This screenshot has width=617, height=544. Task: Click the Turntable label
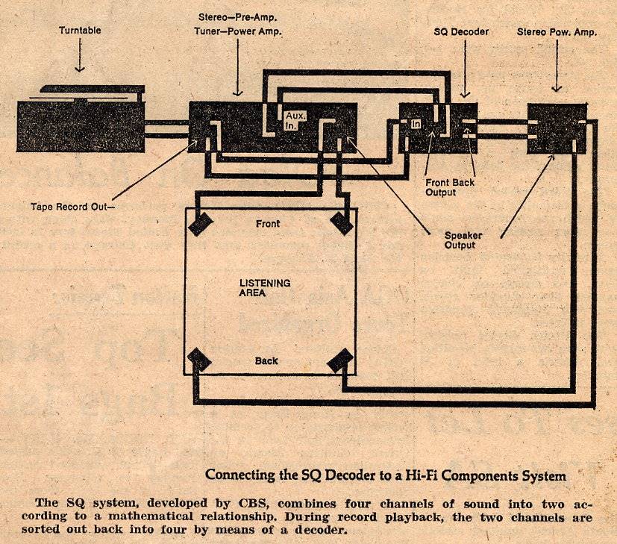pos(80,31)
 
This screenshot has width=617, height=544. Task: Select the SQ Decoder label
pos(460,32)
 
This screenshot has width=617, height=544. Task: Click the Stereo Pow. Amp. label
pos(557,32)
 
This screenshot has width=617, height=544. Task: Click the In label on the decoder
pos(416,124)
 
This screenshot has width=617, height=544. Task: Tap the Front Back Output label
pos(450,187)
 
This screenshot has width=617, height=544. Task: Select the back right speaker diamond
pos(341,361)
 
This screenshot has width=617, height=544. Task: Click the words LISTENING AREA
pos(264,287)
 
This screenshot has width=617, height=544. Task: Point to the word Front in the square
pos(268,223)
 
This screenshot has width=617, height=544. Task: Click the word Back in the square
pos(266,361)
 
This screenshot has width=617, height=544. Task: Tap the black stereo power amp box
pos(557,128)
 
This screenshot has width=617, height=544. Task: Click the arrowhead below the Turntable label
pos(80,68)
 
